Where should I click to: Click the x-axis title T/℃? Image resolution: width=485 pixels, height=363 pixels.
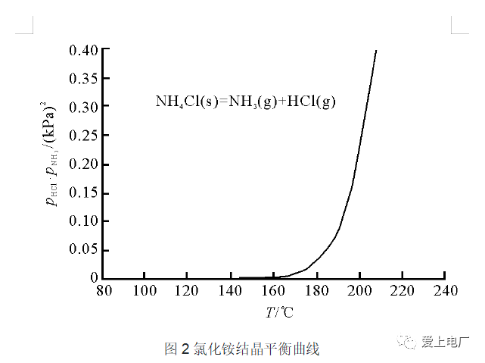(x=278, y=311)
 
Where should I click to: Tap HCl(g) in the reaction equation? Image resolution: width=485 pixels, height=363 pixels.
(x=311, y=102)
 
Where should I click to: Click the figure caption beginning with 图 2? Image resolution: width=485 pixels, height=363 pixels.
(x=242, y=349)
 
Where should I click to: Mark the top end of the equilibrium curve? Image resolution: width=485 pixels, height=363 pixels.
(x=376, y=51)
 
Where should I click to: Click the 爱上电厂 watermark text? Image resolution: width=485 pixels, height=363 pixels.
(x=446, y=342)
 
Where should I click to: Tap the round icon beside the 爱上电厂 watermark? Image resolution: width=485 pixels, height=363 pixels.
(x=409, y=342)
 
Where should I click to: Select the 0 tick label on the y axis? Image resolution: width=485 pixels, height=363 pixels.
(x=94, y=278)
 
